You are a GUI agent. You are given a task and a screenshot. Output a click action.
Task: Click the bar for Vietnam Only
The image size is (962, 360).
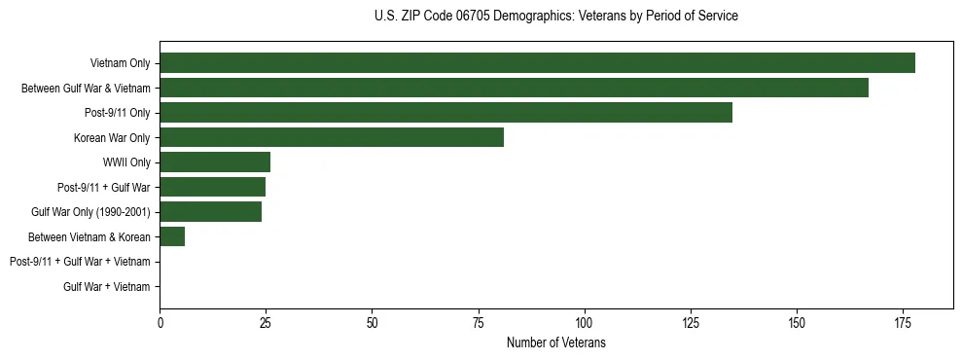pos(537,63)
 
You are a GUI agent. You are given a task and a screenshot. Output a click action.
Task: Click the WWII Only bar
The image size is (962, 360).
pos(215,162)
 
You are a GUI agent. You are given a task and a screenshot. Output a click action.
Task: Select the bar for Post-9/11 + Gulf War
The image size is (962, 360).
pos(212,187)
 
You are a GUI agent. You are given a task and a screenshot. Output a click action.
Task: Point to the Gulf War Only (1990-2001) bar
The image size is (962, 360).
pos(210,212)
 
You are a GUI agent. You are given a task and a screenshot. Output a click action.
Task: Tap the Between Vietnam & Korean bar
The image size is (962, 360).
pos(172,236)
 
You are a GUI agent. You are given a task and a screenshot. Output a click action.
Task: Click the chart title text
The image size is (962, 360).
pos(555,17)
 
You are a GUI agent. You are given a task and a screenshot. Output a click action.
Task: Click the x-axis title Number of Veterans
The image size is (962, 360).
pos(555,342)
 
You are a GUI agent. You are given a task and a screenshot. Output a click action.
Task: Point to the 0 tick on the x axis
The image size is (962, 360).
pos(160,322)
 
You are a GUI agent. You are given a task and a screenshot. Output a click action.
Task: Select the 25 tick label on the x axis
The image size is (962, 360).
pos(266,322)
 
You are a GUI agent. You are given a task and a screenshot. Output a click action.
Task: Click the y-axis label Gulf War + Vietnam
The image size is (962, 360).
pos(106,286)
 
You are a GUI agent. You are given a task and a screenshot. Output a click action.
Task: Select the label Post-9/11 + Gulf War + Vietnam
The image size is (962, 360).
pos(80,262)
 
